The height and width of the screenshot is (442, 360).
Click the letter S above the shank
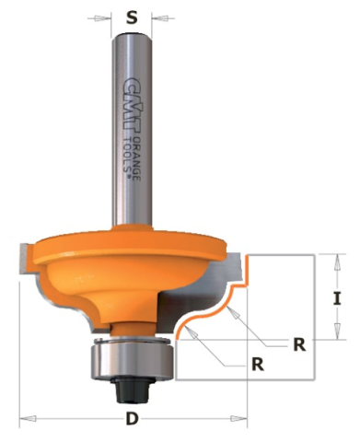pyautogui.click(x=132, y=17)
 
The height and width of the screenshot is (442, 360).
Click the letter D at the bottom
pyautogui.click(x=132, y=418)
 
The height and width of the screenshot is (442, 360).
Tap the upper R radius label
pyautogui.click(x=299, y=344)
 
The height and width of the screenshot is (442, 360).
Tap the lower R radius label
pyautogui.click(x=258, y=365)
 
